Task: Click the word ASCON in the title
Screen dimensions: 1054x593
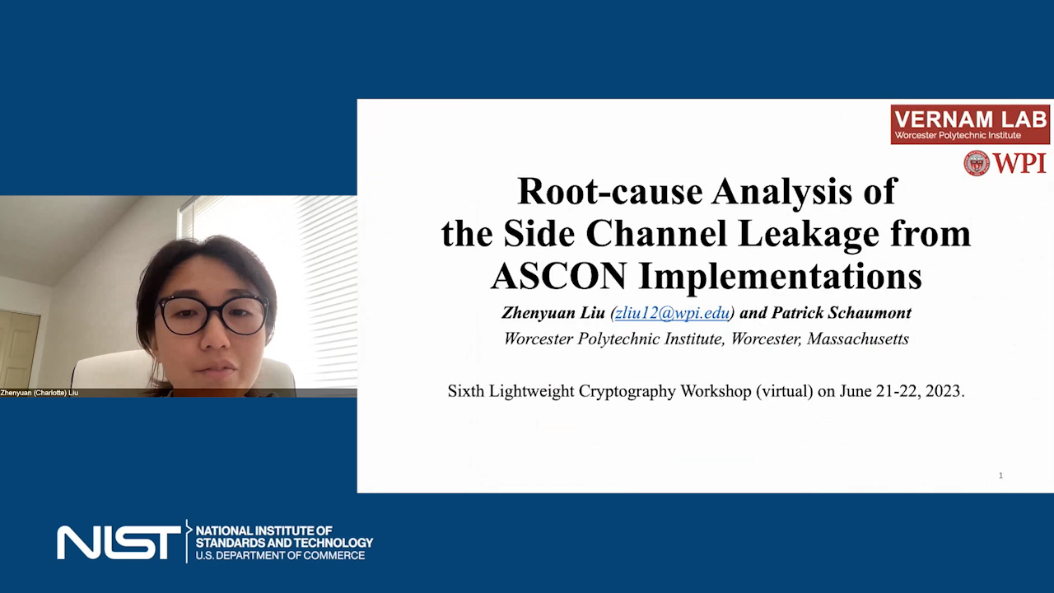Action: click(x=559, y=276)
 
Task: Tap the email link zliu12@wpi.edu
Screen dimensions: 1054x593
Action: click(x=673, y=313)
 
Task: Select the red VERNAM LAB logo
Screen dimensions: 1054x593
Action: click(x=970, y=124)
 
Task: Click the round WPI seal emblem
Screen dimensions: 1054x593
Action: click(x=977, y=163)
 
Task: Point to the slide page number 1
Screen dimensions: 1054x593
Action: click(x=1000, y=475)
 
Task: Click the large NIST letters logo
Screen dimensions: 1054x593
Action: click(x=119, y=543)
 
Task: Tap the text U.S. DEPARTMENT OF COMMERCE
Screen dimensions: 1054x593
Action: click(x=280, y=555)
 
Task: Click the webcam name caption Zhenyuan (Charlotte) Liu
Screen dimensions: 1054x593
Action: click(x=40, y=393)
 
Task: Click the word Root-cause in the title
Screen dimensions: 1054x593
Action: click(x=610, y=192)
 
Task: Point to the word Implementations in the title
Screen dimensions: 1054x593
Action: click(x=780, y=278)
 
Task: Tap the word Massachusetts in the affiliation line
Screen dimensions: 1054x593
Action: click(x=858, y=339)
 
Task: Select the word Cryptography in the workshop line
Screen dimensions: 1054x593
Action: click(x=627, y=391)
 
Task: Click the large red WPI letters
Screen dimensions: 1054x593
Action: click(x=1019, y=164)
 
